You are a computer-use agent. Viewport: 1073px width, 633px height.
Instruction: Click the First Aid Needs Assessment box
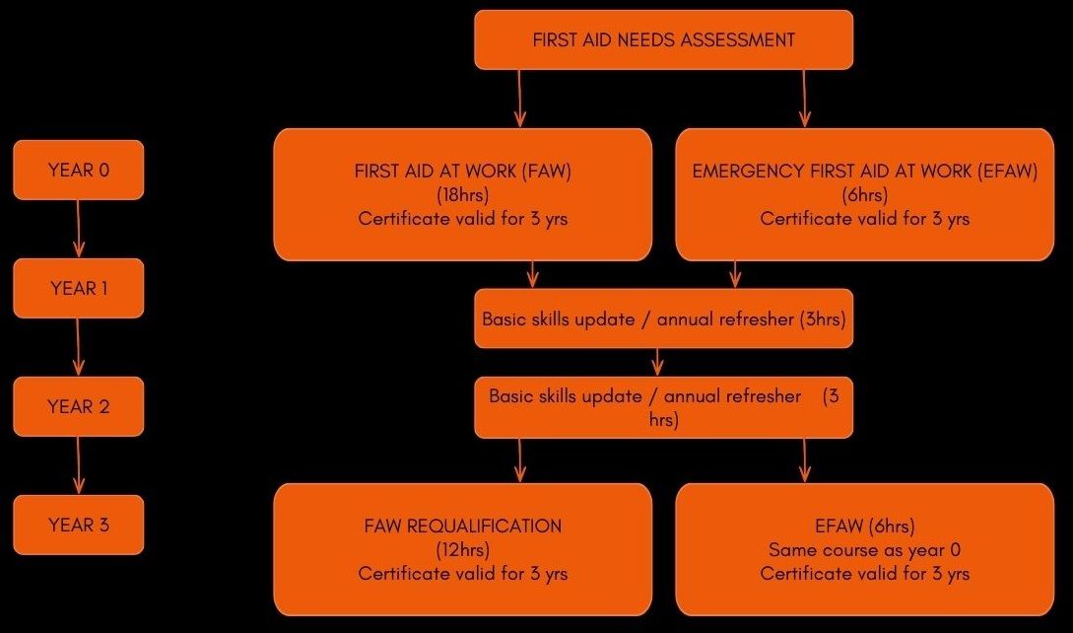pyautogui.click(x=664, y=39)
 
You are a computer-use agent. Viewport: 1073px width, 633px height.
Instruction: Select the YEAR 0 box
pyautogui.click(x=79, y=170)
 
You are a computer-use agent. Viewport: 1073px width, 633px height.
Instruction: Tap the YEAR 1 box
pyautogui.click(x=79, y=289)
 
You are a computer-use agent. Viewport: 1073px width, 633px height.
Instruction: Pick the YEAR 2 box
pyautogui.click(x=79, y=406)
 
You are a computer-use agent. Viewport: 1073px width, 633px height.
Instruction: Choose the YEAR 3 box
pyautogui.click(x=79, y=525)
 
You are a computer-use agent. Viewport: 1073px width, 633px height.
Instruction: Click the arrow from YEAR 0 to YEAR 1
pyautogui.click(x=78, y=229)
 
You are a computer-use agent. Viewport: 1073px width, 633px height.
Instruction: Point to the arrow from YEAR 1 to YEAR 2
pyautogui.click(x=78, y=347)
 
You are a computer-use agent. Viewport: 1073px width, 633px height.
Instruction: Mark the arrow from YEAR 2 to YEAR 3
pyautogui.click(x=78, y=465)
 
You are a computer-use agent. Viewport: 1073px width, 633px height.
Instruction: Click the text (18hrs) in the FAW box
pyautogui.click(x=462, y=195)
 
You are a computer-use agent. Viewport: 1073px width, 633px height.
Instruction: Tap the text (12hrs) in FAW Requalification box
pyautogui.click(x=462, y=549)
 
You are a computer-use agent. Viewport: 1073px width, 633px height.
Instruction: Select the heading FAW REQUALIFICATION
pyautogui.click(x=462, y=527)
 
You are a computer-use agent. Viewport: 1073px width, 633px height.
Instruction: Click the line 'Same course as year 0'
pyautogui.click(x=865, y=550)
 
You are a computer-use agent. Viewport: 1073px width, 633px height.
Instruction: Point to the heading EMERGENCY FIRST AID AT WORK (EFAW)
pyautogui.click(x=865, y=172)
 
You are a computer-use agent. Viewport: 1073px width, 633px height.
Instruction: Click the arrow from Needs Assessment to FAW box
pyautogui.click(x=519, y=99)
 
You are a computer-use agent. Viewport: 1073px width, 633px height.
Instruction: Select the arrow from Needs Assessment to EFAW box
pyautogui.click(x=804, y=99)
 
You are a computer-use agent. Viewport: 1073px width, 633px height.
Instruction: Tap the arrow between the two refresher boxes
pyautogui.click(x=657, y=363)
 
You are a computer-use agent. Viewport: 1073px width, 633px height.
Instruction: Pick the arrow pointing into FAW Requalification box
pyautogui.click(x=519, y=460)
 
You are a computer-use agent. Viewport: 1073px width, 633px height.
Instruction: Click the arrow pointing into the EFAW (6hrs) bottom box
pyautogui.click(x=804, y=460)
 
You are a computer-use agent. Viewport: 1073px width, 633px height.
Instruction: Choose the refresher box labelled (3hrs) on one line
pyautogui.click(x=664, y=318)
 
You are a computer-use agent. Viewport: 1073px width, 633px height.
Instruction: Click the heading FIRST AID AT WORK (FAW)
pyautogui.click(x=462, y=172)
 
